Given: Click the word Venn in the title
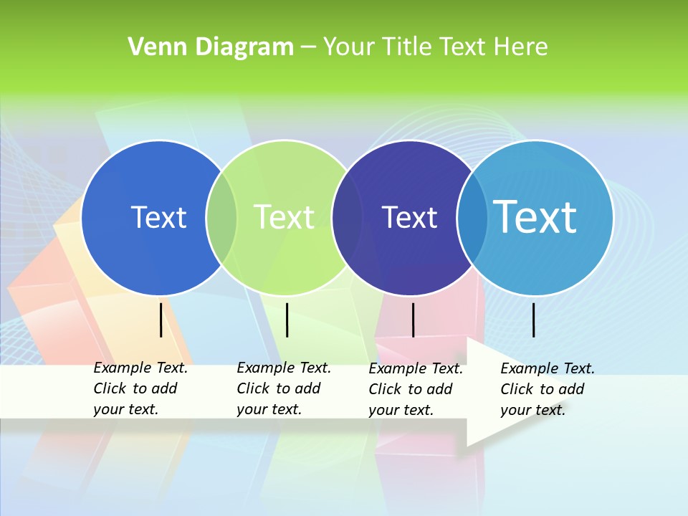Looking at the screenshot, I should click(151, 47).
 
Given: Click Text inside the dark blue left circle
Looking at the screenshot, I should click(158, 217).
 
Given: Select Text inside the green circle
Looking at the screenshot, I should click(284, 217).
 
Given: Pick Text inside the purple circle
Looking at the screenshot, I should click(409, 217).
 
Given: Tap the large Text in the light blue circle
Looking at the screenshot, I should click(535, 216).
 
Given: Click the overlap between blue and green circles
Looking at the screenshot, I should click(221, 218).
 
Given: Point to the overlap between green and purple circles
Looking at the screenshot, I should click(347, 218).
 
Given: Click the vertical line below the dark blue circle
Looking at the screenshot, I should click(161, 320).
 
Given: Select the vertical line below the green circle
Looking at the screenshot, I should click(287, 320).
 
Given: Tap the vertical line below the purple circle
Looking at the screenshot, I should click(413, 320).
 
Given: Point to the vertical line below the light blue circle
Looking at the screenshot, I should click(533, 320).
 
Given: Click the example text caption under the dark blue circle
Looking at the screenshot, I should click(140, 388).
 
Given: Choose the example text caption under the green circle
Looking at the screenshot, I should click(284, 388).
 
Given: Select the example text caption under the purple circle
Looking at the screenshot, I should click(416, 389).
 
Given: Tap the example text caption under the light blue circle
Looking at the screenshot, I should click(548, 389).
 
